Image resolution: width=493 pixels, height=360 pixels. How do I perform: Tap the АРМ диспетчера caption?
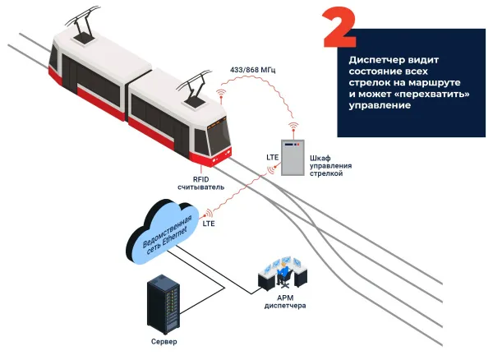pos(285,301)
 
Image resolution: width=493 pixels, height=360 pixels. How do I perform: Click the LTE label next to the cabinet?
pos(274,156)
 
